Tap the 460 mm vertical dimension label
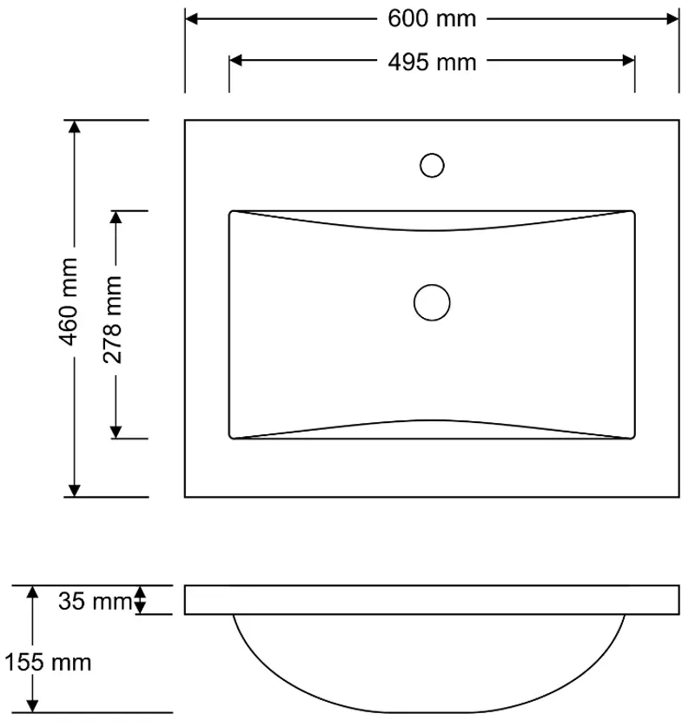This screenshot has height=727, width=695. (x=69, y=300)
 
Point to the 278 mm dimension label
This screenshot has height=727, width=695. (x=112, y=319)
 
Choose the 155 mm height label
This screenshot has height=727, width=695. (x=47, y=663)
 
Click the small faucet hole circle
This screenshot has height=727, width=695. (x=432, y=165)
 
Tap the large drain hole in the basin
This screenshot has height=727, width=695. (x=432, y=302)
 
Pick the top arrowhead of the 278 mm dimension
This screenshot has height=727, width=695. (x=117, y=218)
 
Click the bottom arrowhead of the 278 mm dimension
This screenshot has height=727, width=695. (x=117, y=431)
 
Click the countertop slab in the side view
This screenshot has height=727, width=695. (x=432, y=600)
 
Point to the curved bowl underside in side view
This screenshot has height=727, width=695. (x=432, y=686)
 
